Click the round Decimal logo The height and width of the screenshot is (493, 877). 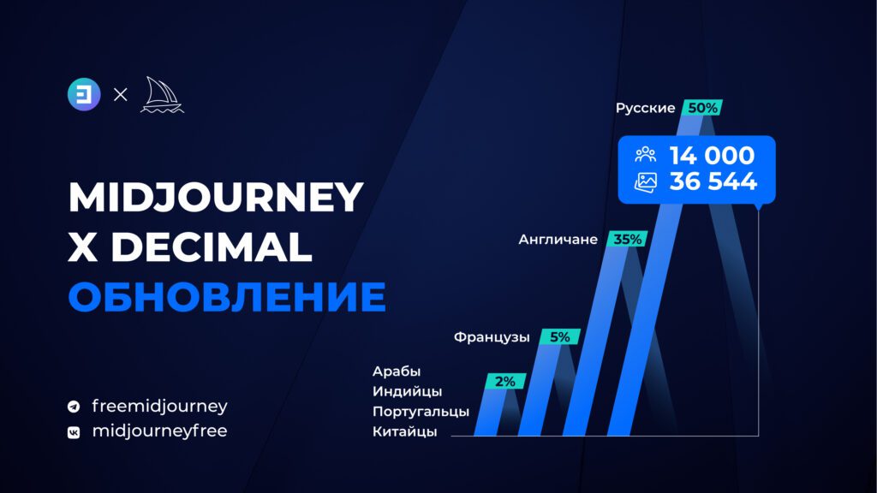point(84,94)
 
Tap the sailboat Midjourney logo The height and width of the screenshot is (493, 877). point(162,95)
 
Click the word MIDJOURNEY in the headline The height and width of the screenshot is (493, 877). point(216,198)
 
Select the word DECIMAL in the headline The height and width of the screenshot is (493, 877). point(212,246)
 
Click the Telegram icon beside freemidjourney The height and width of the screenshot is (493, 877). point(74,407)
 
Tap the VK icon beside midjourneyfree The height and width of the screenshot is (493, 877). point(74,432)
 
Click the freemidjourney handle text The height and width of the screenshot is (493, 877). point(159,406)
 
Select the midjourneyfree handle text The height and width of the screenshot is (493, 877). point(159,431)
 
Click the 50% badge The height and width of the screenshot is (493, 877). point(702,108)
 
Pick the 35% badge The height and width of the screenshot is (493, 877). point(627,240)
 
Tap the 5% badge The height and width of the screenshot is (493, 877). point(560,337)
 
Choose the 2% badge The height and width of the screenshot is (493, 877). point(505,381)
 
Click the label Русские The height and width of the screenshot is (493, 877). point(646,108)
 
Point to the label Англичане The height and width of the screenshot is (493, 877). point(558,240)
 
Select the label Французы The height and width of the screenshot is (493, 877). point(492,337)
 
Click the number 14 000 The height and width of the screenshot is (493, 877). point(712,156)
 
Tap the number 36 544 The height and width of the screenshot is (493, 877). point(713,181)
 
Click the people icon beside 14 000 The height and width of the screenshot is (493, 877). point(646,154)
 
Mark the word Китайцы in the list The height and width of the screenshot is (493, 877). point(404,431)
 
